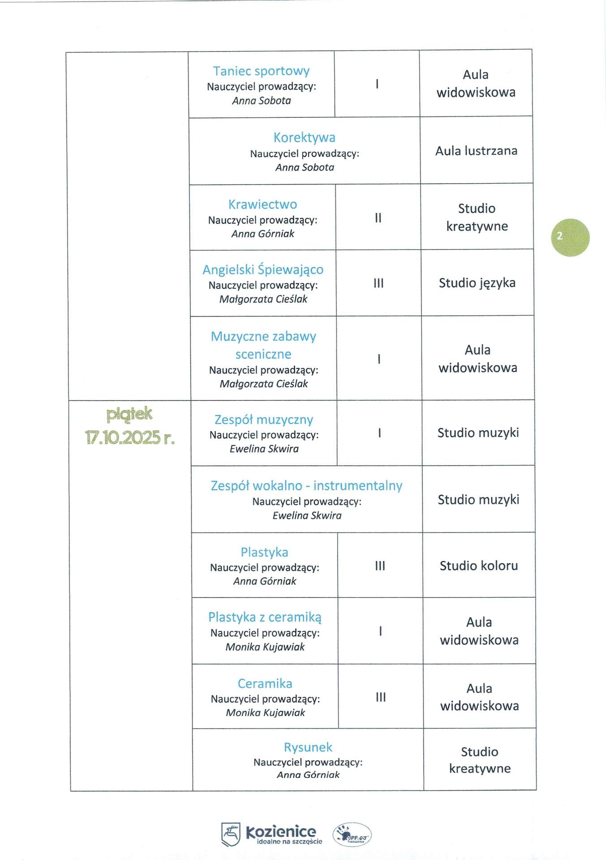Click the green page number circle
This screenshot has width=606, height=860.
[x=570, y=237]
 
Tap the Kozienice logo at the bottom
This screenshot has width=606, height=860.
[x=271, y=834]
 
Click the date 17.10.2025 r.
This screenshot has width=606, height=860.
[x=129, y=437]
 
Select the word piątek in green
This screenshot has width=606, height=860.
[x=129, y=414]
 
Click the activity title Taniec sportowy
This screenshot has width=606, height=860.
[x=261, y=71]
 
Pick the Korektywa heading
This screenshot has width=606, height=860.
[x=304, y=138]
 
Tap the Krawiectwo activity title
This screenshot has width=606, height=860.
[x=262, y=204]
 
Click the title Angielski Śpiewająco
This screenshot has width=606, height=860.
[x=263, y=270]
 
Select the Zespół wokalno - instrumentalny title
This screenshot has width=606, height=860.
[x=306, y=486]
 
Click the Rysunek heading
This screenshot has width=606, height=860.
[x=308, y=747]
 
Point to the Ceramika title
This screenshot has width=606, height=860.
[x=265, y=684]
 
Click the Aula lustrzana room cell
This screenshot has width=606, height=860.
[x=476, y=151]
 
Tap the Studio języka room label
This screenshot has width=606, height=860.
[x=477, y=283]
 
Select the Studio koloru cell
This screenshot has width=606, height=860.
[x=479, y=566]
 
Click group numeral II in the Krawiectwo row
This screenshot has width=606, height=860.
[x=378, y=218]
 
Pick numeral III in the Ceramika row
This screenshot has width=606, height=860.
[x=381, y=697]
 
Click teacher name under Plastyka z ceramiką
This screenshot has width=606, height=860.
[x=265, y=647]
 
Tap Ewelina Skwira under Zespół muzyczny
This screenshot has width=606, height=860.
[x=264, y=449]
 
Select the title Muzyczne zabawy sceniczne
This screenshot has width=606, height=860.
[x=263, y=345]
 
